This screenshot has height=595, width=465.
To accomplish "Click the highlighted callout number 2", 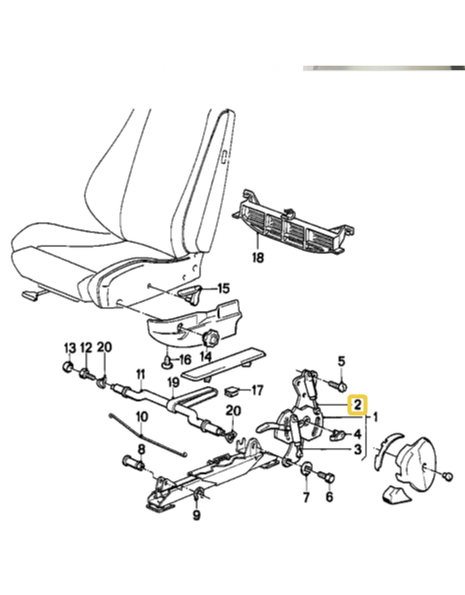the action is [357, 404].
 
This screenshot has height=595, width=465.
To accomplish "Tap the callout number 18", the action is [257, 257].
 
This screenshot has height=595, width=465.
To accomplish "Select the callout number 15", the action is [224, 288].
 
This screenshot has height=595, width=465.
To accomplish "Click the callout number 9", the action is [196, 515].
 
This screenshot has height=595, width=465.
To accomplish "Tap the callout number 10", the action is [142, 417].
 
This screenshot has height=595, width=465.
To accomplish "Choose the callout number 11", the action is [141, 375].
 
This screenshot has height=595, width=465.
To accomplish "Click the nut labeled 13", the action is [68, 367].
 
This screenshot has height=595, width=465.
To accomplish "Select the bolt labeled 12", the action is [86, 375].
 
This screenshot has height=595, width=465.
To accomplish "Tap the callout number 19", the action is [173, 382].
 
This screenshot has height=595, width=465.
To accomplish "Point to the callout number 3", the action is [357, 450].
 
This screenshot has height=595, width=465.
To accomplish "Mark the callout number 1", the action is [375, 417].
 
